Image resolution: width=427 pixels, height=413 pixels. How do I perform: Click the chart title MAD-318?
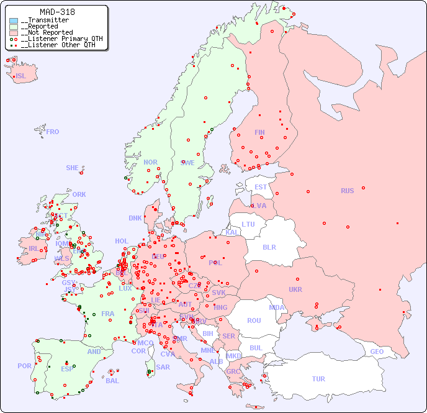pos(57,12)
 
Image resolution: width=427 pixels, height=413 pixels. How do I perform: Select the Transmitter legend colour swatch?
pos(14,20)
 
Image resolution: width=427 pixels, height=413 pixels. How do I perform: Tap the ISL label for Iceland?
pos(21,76)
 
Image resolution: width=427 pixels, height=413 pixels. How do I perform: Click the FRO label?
pos(53,132)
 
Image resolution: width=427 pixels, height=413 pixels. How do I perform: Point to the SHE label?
pos(73,168)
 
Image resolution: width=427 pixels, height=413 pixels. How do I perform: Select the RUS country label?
pos(347,191)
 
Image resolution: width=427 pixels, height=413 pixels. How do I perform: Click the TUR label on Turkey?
pos(318,379)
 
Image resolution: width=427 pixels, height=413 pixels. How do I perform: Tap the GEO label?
pos(377,352)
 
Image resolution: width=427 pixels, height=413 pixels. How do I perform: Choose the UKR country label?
pos(295,289)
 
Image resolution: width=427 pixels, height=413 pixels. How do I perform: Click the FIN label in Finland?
pos(259,132)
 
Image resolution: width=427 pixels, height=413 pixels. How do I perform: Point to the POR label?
pos(24,366)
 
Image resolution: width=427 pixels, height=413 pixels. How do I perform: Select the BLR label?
pos(269,247)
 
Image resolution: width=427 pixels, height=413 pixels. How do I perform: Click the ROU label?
pos(254,320)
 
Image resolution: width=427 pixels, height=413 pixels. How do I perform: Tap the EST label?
pos(261,187)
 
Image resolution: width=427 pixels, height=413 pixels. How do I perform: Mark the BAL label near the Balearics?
pos(112,381)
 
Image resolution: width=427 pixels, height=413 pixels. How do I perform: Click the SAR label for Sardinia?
pos(163,367)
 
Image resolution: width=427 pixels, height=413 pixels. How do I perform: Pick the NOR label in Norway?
pos(150,162)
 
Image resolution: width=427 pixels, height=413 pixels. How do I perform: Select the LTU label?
pos(248,224)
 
